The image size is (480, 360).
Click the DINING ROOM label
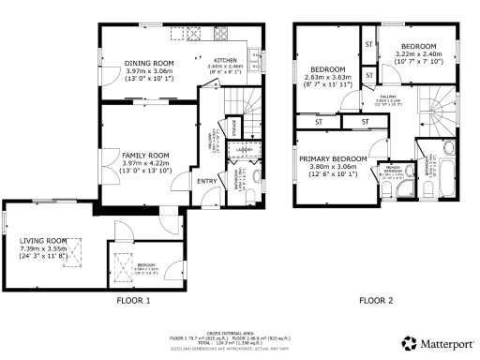(151, 64)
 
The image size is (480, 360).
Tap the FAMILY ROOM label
(144, 155)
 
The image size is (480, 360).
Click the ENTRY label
(206, 181)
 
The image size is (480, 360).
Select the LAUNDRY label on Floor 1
(243, 148)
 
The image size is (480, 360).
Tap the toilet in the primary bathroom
(389, 190)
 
